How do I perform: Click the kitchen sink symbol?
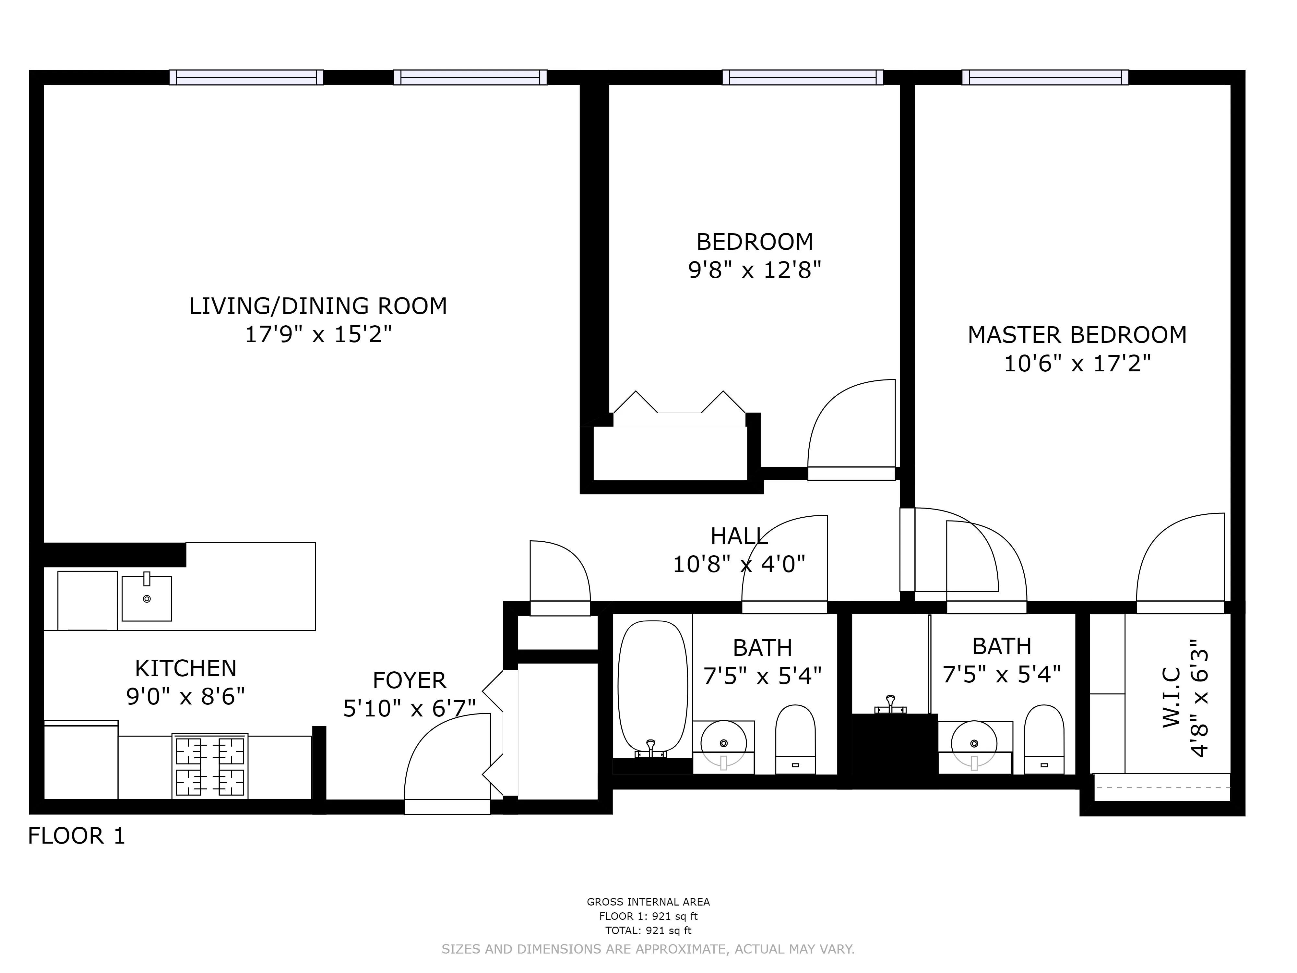pyautogui.click(x=147, y=598)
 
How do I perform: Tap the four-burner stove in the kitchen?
pyautogui.click(x=210, y=766)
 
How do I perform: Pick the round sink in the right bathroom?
pyautogui.click(x=974, y=744)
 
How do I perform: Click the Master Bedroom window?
pyautogui.click(x=1045, y=78)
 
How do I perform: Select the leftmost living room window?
pyautogui.click(x=246, y=78)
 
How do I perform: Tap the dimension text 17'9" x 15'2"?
pyautogui.click(x=318, y=335)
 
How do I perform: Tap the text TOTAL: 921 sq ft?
pyautogui.click(x=648, y=930)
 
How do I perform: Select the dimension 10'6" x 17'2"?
pyautogui.click(x=1077, y=364)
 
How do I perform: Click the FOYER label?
pyautogui.click(x=409, y=680)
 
